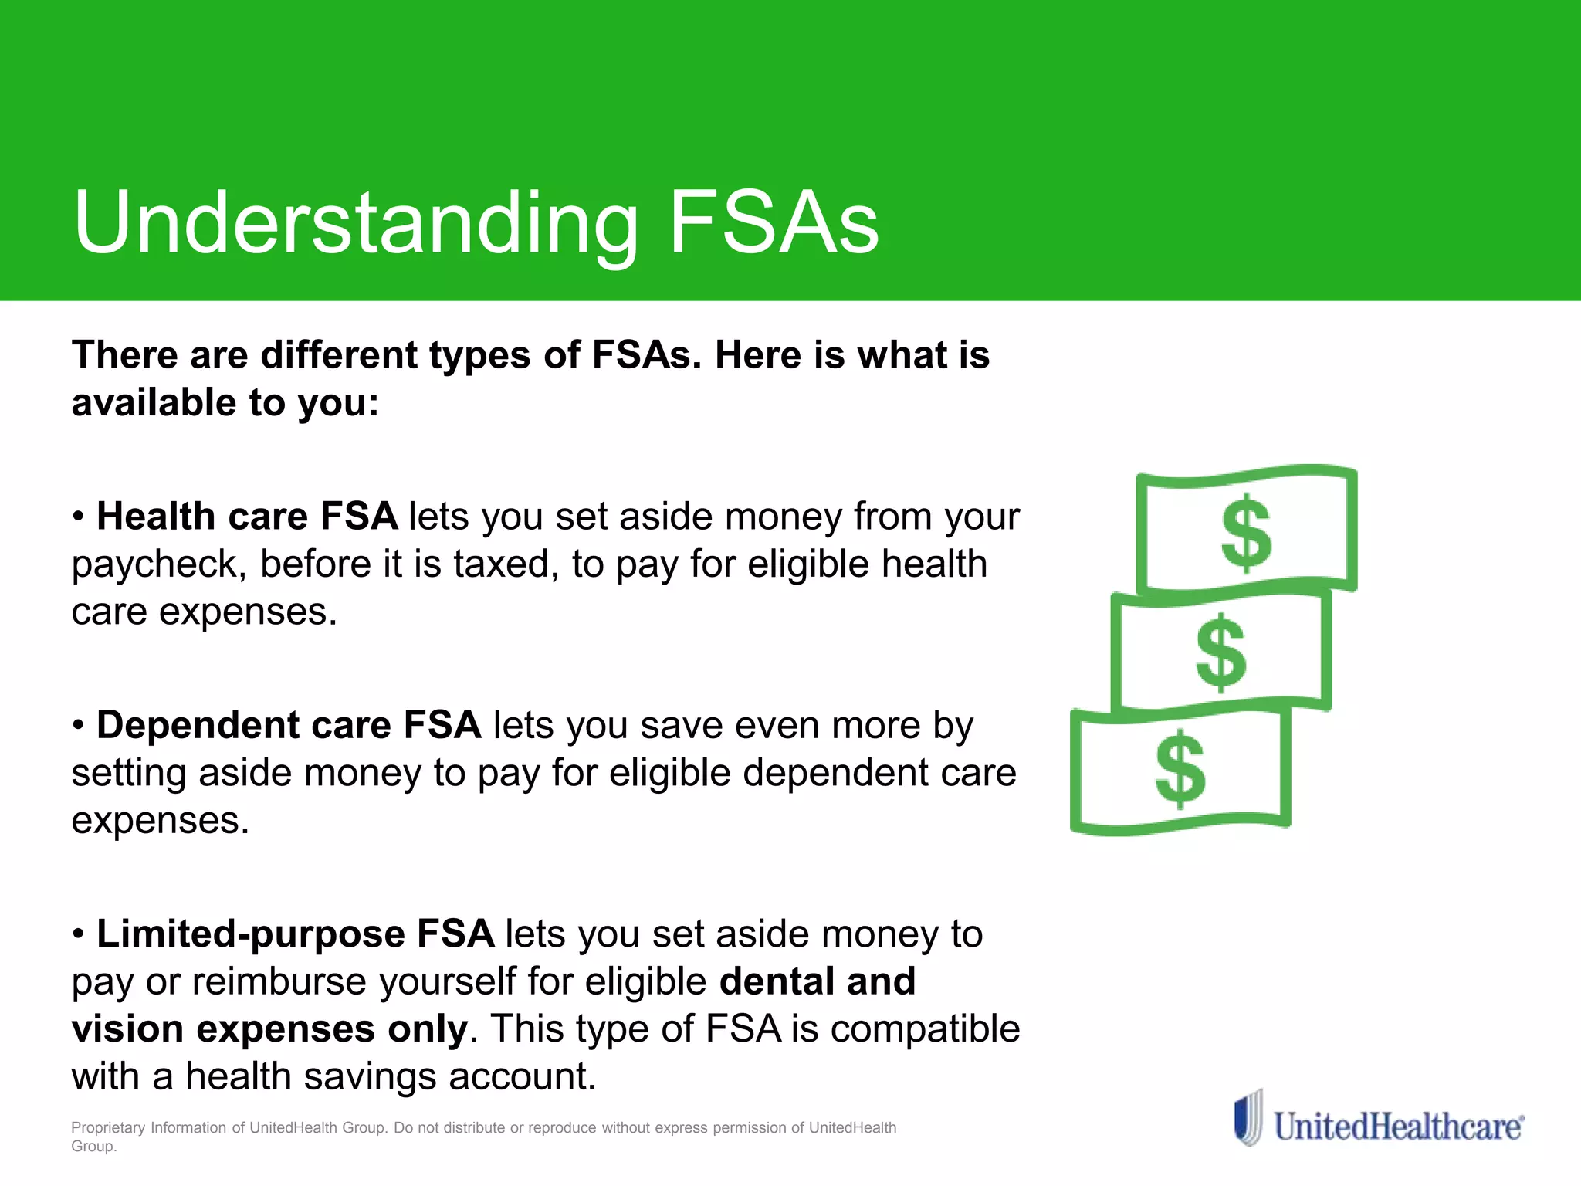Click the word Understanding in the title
pos(356,224)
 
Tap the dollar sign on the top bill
pos(1245,534)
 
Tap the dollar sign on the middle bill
pos(1220,652)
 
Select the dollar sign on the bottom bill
pos(1180,769)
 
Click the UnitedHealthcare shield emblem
pos(1248,1117)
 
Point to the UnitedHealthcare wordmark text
pos(1398,1127)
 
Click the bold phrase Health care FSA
pos(247,516)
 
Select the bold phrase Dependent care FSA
pos(289,725)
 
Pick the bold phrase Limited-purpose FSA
pos(295,934)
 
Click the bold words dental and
pos(817,981)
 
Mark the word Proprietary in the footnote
pos(108,1127)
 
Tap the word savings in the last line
pos(370,1077)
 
